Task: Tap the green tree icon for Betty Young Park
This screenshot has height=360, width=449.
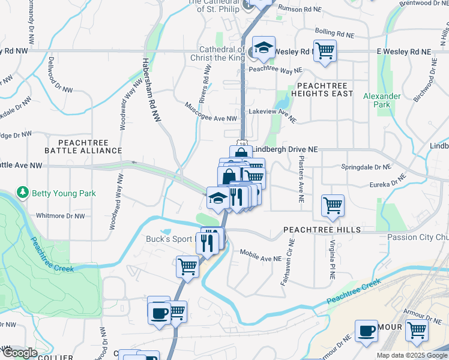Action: click(23, 193)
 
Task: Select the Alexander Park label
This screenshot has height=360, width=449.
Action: click(381, 100)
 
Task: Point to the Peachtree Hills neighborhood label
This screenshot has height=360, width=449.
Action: click(322, 230)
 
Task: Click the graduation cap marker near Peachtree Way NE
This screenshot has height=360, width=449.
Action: click(263, 48)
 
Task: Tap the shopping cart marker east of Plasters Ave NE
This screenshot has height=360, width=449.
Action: click(333, 205)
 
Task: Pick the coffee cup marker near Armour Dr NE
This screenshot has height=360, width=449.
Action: click(366, 331)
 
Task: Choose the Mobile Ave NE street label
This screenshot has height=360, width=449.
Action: click(261, 255)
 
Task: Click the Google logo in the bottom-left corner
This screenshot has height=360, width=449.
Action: click(19, 353)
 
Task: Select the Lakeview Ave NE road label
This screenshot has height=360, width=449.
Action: click(273, 115)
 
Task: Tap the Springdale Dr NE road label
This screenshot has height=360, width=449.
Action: click(366, 166)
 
